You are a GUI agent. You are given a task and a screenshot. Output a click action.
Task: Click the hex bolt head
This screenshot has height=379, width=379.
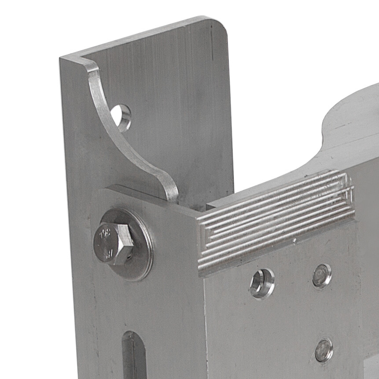pyautogui.click(x=112, y=243)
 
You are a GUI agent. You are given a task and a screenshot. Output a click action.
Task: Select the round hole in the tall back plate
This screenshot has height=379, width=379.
pyautogui.click(x=121, y=117)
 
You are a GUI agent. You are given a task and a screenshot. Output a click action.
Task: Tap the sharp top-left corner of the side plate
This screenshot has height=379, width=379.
pyautogui.click(x=61, y=59)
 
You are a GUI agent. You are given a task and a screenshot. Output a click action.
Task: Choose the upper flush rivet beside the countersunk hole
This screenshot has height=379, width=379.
pyautogui.click(x=322, y=276)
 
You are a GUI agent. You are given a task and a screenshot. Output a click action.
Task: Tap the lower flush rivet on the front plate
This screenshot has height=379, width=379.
pyautogui.click(x=324, y=350)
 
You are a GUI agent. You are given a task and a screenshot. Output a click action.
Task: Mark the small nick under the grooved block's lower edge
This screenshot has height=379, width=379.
pyautogui.click(x=294, y=241)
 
